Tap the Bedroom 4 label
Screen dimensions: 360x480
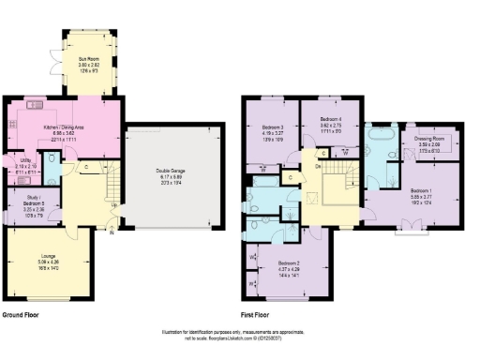(331, 120)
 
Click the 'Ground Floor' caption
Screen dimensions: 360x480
(21, 315)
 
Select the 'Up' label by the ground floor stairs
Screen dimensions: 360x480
(113, 206)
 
